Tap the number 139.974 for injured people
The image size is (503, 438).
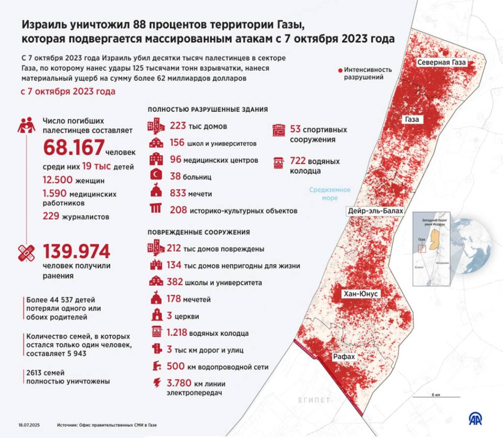click(77, 252)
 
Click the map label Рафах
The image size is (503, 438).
click(344, 357)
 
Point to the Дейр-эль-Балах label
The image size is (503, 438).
click(375, 211)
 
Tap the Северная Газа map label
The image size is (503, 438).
click(441, 63)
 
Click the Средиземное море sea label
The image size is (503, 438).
click(330, 194)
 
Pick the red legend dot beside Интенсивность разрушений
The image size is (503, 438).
click(339, 70)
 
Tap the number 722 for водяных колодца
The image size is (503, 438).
click(298, 161)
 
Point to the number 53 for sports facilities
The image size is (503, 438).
click(295, 130)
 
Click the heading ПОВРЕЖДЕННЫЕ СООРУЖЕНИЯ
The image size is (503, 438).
click(198, 232)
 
